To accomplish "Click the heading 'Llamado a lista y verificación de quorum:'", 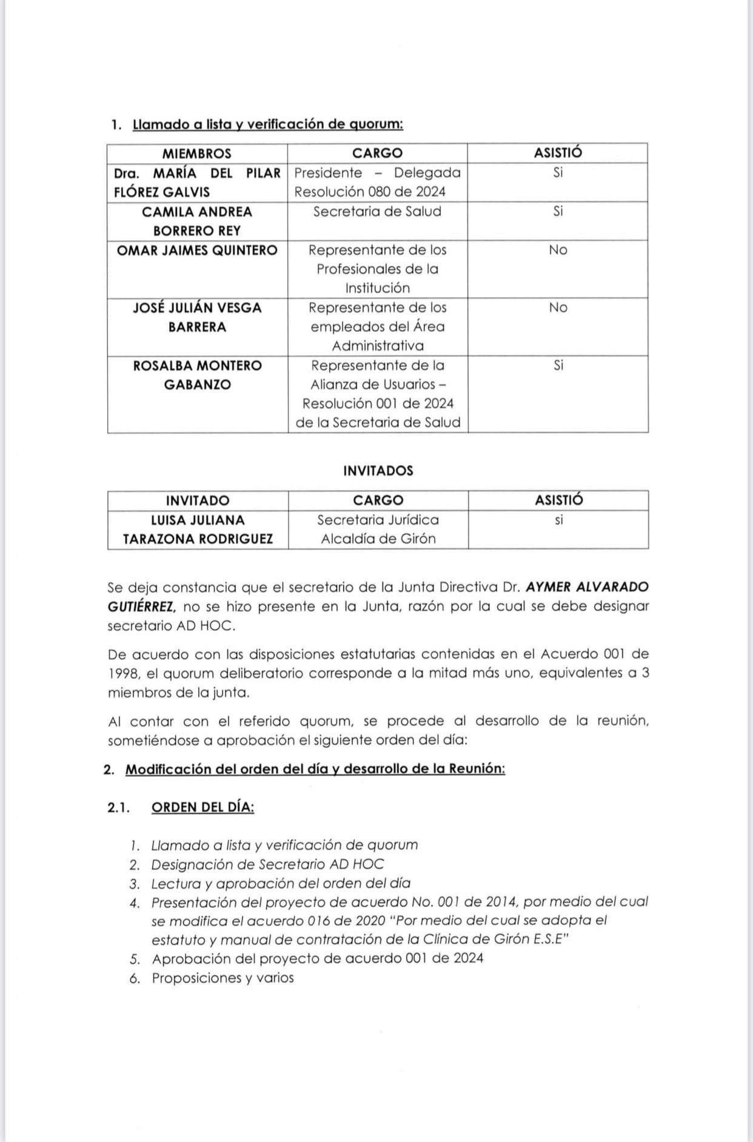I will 267,124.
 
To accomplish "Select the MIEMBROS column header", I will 196,153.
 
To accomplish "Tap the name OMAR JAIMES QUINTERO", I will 197,250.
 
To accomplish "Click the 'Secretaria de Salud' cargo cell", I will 377,212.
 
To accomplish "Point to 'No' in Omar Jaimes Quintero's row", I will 558,250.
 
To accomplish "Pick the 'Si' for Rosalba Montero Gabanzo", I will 558,366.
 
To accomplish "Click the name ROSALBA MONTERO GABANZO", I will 197,375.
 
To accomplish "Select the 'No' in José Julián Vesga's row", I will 558,308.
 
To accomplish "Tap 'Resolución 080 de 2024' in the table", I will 370,192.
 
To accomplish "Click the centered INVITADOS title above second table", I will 378,471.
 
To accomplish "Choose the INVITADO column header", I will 198,501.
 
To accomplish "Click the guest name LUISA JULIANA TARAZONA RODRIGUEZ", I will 198,529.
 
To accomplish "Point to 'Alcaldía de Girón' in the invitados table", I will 378,539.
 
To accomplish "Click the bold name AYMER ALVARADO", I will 587,587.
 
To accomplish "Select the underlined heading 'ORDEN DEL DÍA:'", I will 202,808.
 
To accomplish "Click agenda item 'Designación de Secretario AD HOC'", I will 267,864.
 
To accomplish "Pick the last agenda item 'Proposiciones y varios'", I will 223,978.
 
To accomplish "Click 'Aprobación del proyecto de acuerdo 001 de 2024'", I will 318,959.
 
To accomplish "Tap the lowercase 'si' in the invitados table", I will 558,520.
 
